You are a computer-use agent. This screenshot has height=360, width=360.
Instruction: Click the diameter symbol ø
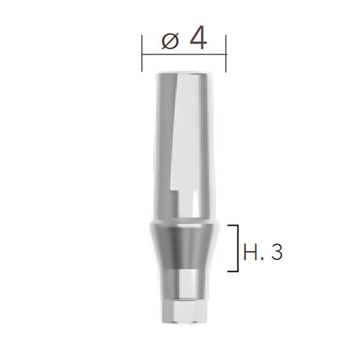[x=170, y=41]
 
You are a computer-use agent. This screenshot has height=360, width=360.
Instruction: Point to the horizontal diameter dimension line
[x=184, y=54]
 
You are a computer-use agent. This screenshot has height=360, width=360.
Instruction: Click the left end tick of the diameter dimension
[x=141, y=54]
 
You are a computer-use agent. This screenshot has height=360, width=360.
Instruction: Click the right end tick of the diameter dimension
[x=226, y=54]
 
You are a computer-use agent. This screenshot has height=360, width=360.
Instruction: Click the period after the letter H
[x=262, y=259]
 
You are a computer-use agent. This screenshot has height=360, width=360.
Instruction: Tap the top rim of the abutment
[x=183, y=73]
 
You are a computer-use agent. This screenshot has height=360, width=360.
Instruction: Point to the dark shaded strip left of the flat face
[x=166, y=131]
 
